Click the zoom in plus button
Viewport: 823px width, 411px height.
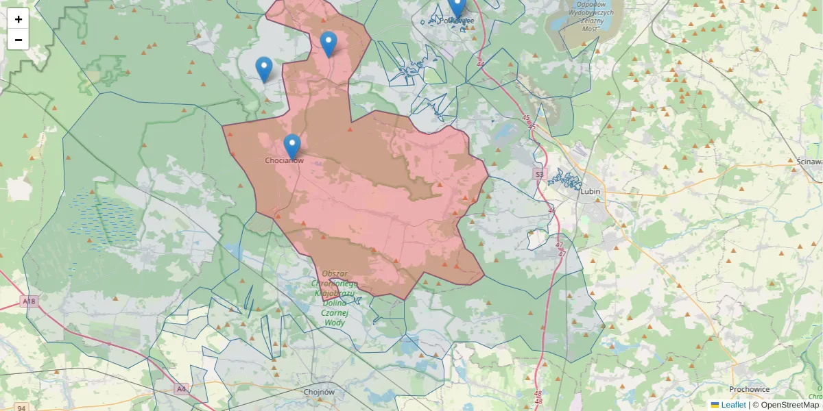19,19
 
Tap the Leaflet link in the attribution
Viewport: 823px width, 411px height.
733,405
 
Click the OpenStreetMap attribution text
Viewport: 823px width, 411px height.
785,405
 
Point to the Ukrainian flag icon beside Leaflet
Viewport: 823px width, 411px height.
715,405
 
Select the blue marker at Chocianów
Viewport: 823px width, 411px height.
292,146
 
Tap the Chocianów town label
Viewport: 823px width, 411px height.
284,160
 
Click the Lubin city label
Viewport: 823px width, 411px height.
590,192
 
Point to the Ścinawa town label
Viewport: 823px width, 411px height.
810,161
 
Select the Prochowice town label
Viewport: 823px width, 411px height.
750,389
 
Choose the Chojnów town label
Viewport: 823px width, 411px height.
318,393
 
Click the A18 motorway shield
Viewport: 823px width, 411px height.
28,301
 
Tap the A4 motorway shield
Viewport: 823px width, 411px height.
181,389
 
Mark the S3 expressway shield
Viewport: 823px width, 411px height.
538,175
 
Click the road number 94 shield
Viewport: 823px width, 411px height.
22,408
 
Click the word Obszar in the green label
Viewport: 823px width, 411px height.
335,273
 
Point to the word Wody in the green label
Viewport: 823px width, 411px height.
334,322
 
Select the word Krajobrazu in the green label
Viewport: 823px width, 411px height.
335,293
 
